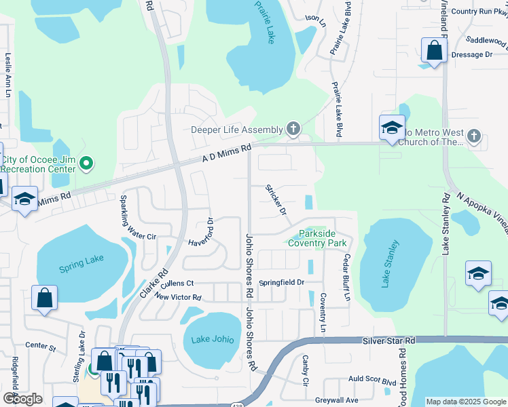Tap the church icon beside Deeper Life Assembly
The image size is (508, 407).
293,129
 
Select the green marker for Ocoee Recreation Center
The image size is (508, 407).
86,163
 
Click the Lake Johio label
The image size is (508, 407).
212,339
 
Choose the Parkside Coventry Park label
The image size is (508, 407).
317,238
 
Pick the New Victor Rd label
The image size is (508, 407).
178,297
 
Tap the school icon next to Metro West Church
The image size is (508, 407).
392,128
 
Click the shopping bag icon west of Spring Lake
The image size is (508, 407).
44,298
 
